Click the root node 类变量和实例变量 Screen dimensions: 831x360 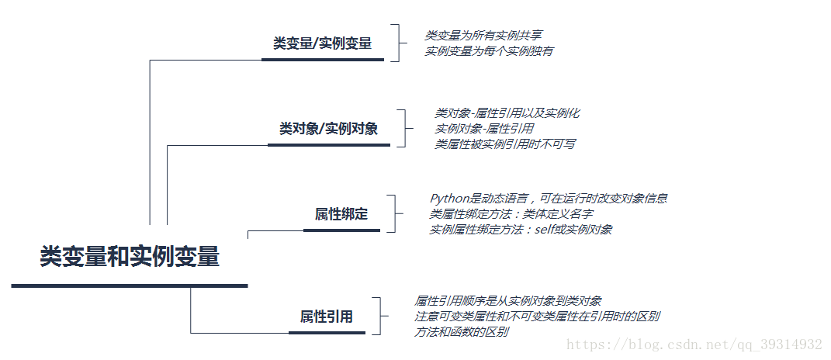(x=130, y=257)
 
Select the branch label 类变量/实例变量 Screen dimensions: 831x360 (x=322, y=44)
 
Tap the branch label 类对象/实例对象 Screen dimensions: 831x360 (x=328, y=129)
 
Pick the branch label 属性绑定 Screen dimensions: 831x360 (x=341, y=214)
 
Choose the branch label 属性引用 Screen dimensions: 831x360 (x=327, y=317)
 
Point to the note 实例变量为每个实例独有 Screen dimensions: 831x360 (x=489, y=51)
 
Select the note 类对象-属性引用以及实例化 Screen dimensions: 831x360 (x=507, y=113)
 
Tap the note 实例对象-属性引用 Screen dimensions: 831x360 (x=484, y=129)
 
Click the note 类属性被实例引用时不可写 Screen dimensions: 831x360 (x=504, y=144)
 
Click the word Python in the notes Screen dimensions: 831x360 (x=448, y=199)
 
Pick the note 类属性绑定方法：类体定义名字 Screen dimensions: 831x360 (x=511, y=214)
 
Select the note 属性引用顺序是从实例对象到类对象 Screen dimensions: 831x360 (x=508, y=301)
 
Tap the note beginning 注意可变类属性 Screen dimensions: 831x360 (x=537, y=317)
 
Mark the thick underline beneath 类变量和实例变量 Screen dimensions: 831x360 (x=130, y=286)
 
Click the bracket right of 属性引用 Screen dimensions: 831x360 (x=377, y=317)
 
